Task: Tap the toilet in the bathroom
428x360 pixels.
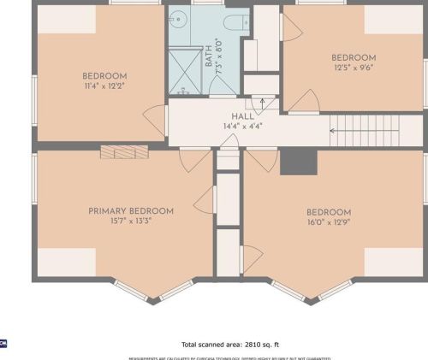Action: [x=235, y=21]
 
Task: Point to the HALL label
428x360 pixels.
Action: [x=241, y=116]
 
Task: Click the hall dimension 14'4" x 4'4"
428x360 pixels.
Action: [x=241, y=127]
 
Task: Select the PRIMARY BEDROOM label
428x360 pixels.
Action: [x=131, y=210]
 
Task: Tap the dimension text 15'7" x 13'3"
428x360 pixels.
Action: [x=131, y=221]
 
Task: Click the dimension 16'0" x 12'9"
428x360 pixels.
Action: [x=329, y=222]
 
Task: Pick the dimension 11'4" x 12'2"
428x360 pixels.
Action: [x=104, y=86]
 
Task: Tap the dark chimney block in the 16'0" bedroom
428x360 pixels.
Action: [x=298, y=161]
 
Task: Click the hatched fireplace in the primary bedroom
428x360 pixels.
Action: [x=124, y=152]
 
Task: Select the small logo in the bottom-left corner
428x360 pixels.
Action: [x=3, y=343]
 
